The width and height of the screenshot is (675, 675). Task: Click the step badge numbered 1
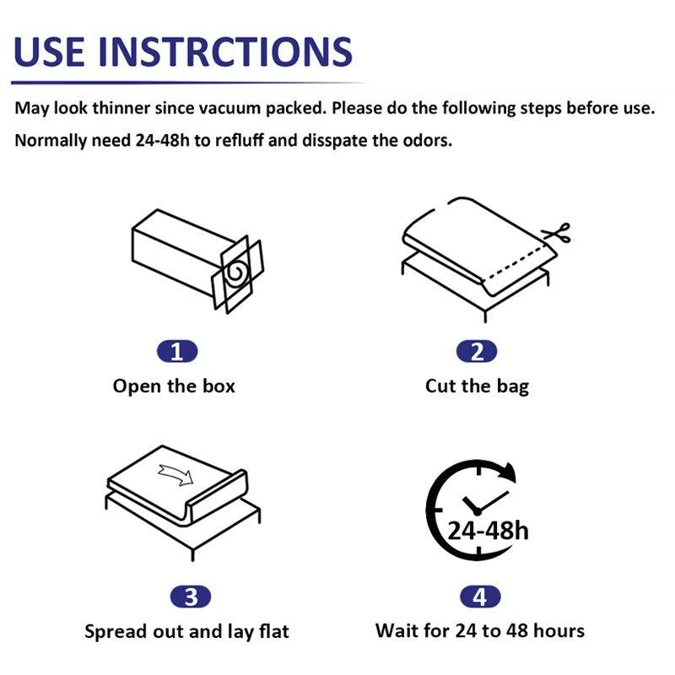pos(176,352)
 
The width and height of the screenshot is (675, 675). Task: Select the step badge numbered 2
pos(477,352)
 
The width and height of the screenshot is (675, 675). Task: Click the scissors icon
pos(558,235)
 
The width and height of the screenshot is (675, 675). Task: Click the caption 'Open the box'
pos(174,386)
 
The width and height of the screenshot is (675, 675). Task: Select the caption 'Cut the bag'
pos(477,386)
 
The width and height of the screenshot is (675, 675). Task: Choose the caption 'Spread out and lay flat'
pos(186,631)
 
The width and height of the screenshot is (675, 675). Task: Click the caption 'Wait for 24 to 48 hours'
pos(480,630)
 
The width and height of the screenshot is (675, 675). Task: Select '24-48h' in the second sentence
pos(163,140)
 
